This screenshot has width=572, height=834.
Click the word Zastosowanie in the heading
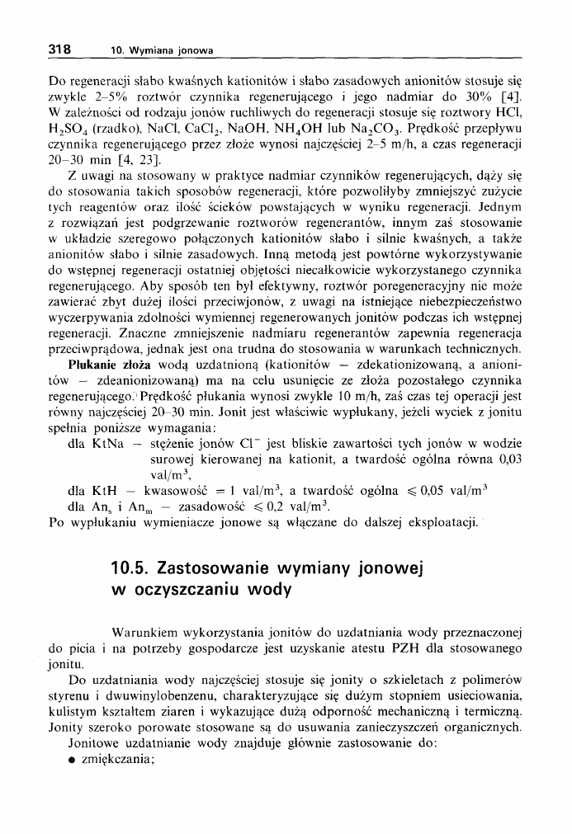(x=218, y=568)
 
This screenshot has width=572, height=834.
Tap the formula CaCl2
(x=195, y=130)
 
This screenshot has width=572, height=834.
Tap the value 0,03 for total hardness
(x=509, y=459)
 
